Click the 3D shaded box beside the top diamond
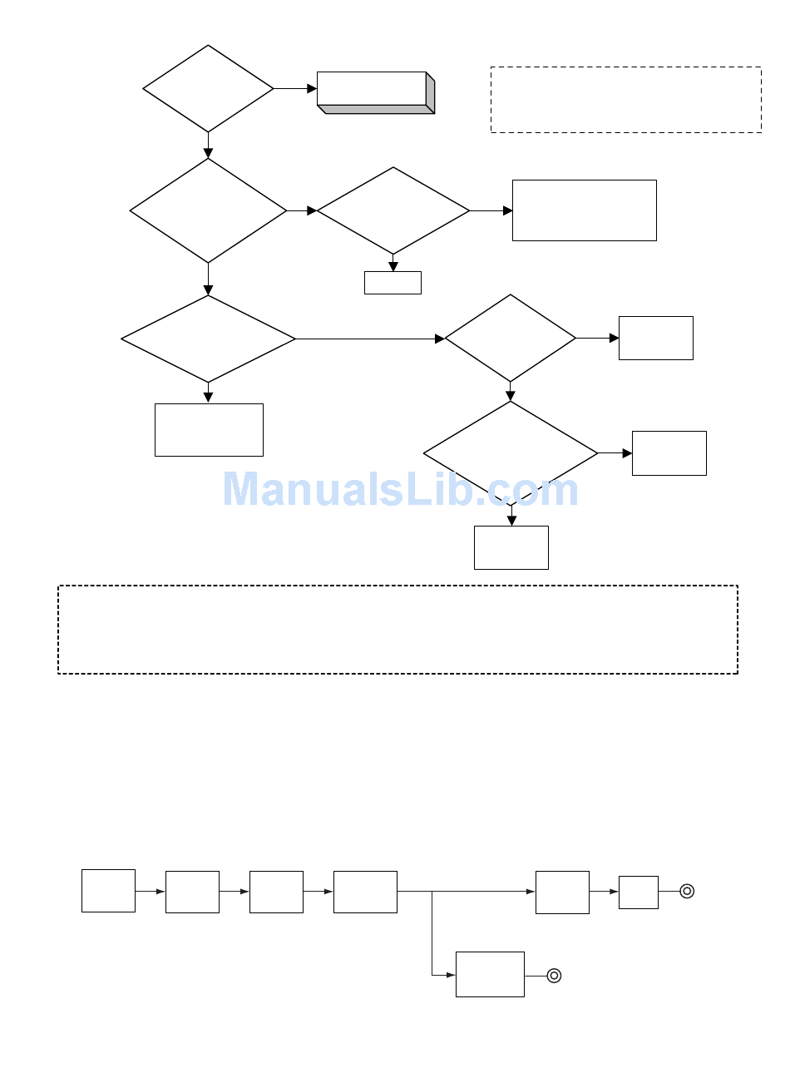[375, 92]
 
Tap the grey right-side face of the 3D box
[430, 92]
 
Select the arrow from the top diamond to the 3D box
[294, 89]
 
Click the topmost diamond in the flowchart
[208, 89]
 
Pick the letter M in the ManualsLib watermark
[242, 489]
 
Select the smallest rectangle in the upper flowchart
[393, 283]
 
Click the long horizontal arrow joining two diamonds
[370, 339]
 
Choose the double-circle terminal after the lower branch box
[554, 976]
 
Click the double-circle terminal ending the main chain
[687, 892]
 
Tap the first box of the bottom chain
[108, 891]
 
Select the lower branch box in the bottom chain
[490, 974]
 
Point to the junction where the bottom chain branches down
[432, 892]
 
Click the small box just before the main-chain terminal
[639, 892]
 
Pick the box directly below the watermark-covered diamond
[511, 547]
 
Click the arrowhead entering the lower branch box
[451, 975]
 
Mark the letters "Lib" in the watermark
[440, 489]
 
